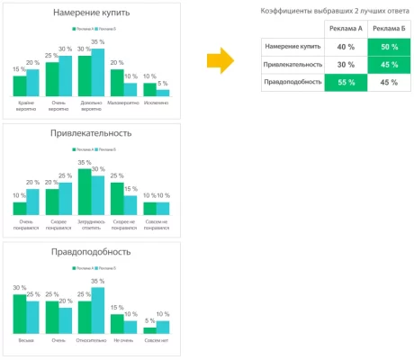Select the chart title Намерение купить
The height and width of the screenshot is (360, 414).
pos(92,13)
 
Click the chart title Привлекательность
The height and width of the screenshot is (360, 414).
pos(92,132)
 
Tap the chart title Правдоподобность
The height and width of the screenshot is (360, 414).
pos(92,252)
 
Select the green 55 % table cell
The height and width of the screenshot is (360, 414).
pos(346,82)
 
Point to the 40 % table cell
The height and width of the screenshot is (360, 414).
pos(346,48)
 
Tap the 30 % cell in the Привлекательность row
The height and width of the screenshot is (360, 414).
pos(346,65)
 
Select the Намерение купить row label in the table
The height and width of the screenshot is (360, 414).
pos(293,48)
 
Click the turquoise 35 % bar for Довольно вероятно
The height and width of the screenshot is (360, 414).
pos(98,72)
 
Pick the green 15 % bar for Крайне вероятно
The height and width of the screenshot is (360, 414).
pos(20,85)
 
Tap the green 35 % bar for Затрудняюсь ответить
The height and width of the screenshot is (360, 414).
pos(85,191)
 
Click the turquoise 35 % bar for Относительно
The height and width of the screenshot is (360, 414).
pos(98,310)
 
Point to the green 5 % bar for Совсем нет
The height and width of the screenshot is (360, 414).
pos(149,329)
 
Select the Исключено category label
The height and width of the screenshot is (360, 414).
pos(157,105)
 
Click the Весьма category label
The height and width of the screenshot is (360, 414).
pos(26,341)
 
